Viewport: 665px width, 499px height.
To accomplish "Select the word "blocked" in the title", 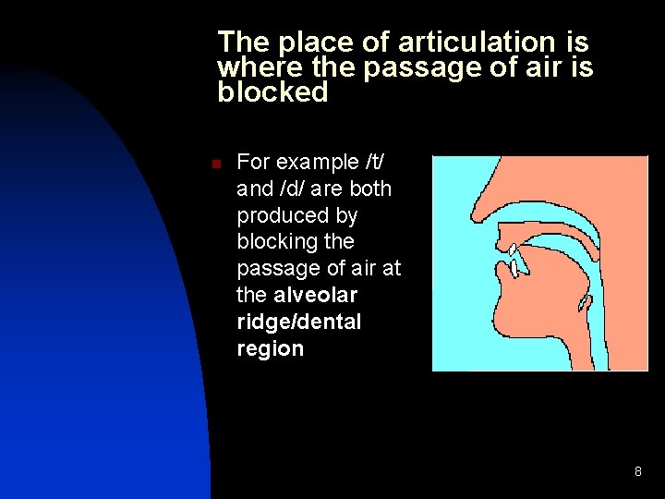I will pyautogui.click(x=272, y=92).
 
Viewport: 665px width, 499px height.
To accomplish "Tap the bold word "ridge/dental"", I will pyautogui.click(x=299, y=322).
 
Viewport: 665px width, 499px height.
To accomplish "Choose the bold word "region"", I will pyautogui.click(x=270, y=348).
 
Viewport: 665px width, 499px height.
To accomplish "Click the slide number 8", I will pyautogui.click(x=637, y=472).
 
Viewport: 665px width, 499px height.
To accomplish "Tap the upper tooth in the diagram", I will pyautogui.click(x=513, y=250).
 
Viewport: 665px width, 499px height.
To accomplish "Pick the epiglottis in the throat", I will pyautogui.click(x=584, y=303).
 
